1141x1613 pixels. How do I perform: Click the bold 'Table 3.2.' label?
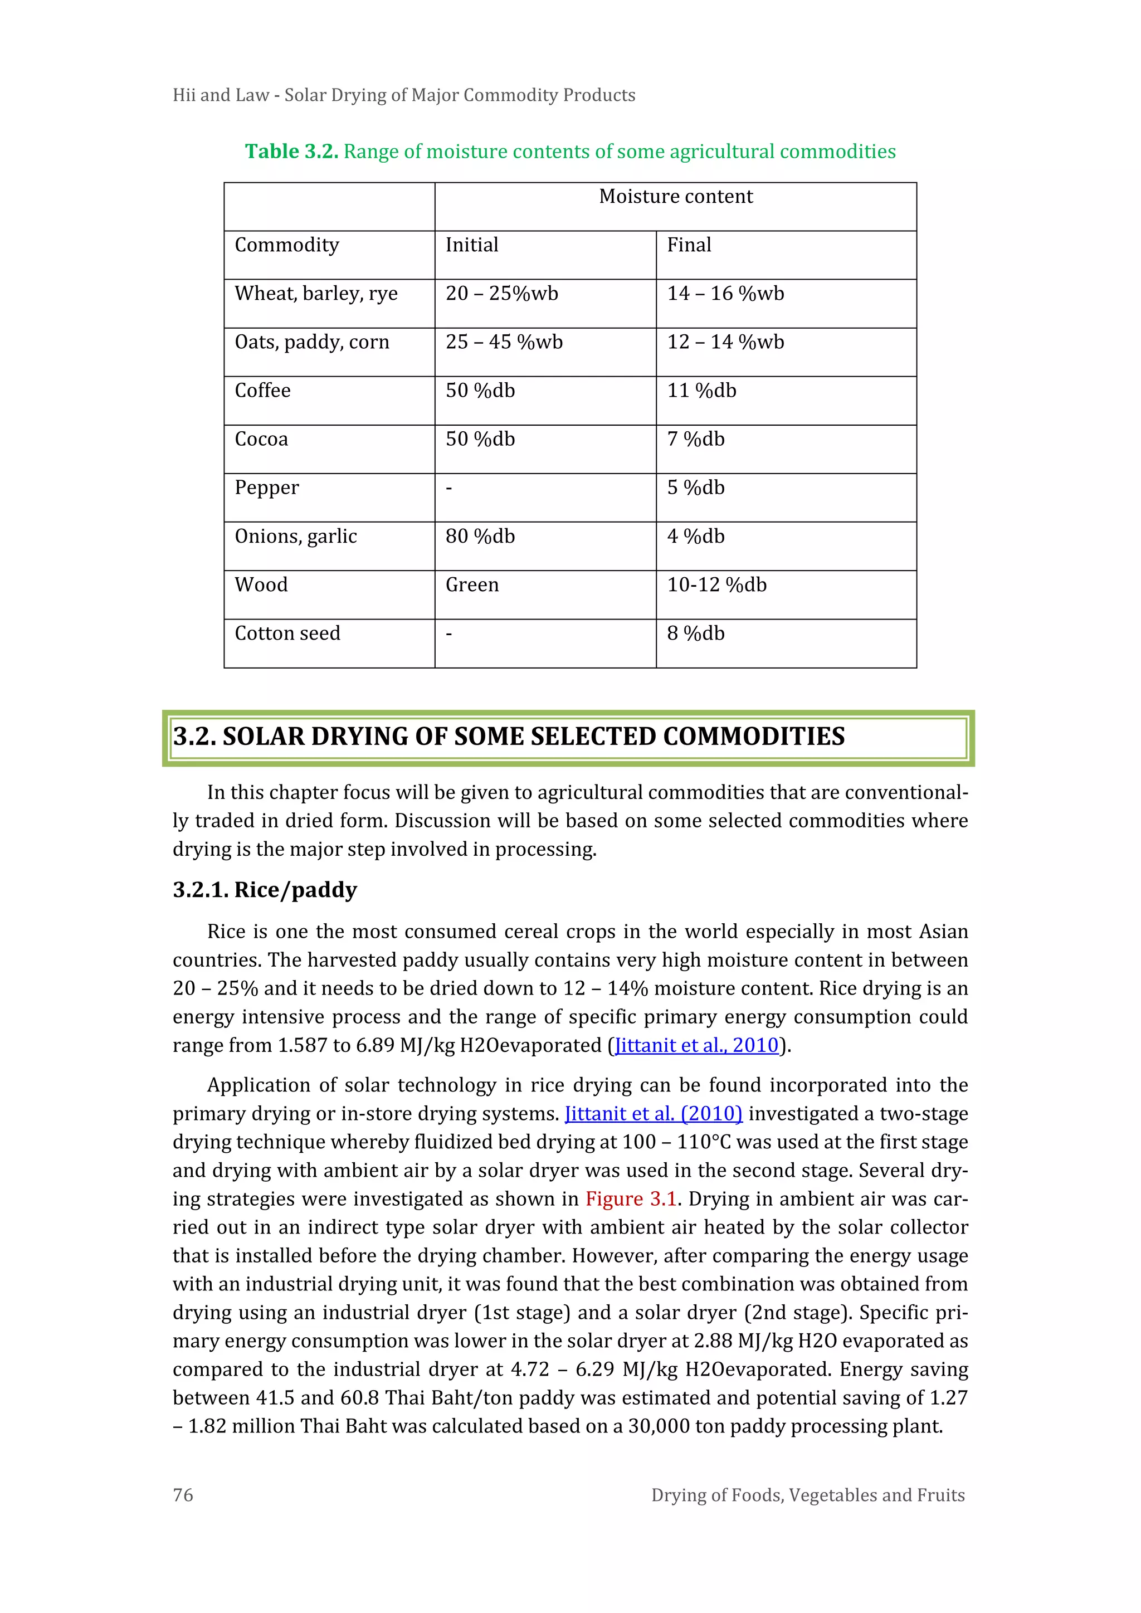point(291,152)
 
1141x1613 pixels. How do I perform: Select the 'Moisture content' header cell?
point(675,197)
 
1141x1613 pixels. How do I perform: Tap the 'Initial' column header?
point(471,245)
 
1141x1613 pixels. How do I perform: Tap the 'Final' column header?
point(689,245)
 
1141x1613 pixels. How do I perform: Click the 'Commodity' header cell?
point(287,245)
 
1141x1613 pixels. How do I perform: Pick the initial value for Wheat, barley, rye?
point(501,294)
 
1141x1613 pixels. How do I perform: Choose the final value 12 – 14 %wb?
point(725,342)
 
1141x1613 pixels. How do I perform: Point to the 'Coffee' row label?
point(262,391)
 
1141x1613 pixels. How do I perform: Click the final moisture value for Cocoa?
point(695,439)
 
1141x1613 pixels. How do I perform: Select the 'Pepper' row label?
point(266,488)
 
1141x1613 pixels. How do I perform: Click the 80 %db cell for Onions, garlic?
point(480,537)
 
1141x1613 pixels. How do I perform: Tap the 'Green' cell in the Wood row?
point(471,585)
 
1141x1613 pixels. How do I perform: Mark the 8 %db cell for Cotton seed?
point(695,633)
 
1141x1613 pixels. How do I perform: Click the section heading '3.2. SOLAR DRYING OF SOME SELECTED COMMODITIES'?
point(509,736)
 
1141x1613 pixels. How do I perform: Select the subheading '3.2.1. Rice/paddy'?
point(265,890)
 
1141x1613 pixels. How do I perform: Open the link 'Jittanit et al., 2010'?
point(696,1045)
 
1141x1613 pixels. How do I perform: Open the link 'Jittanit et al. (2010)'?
point(654,1114)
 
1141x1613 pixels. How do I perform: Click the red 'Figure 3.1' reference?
point(630,1198)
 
